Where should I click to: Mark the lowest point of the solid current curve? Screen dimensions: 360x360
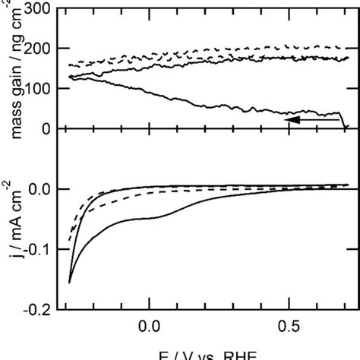click(x=69, y=283)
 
